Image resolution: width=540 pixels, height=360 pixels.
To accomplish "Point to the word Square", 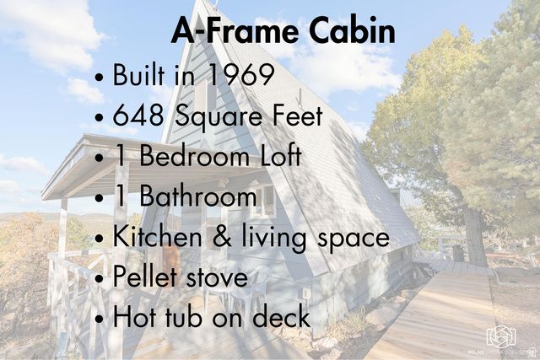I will (220, 117).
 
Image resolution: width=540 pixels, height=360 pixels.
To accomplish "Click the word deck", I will (282, 317).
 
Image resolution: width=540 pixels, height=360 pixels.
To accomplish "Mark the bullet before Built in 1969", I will (100, 78).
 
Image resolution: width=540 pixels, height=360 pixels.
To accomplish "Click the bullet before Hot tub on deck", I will (100, 320).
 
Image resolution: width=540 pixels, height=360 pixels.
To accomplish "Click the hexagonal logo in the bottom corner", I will (500, 337).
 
